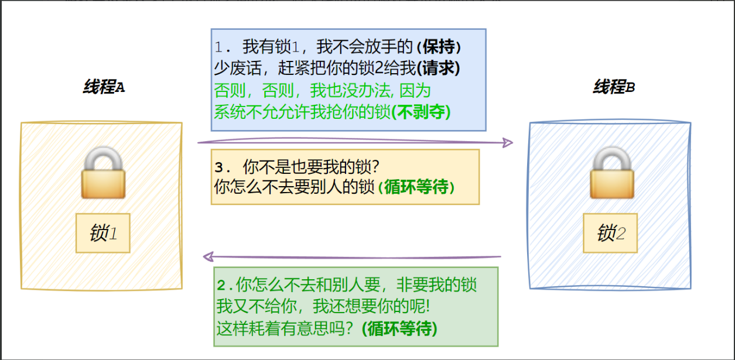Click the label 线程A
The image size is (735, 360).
(104, 88)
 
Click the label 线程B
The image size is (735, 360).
(614, 88)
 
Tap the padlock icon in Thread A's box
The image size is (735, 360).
(103, 173)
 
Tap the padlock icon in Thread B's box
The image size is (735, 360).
(611, 173)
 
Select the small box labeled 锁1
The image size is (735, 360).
(103, 234)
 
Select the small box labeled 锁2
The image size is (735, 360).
(611, 234)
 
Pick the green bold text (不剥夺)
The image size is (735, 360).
(422, 111)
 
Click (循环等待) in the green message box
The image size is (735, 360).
(399, 328)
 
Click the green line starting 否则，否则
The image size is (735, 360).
(322, 90)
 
